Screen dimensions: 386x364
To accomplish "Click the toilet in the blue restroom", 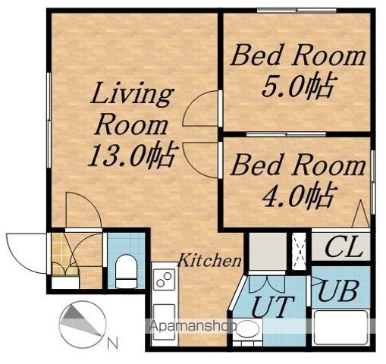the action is (126, 271).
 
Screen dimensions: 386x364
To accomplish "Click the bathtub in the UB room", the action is (340, 327).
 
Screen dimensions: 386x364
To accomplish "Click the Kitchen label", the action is (210, 260).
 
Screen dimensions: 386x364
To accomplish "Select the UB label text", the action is (337, 290).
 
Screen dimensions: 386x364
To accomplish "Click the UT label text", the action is (273, 306).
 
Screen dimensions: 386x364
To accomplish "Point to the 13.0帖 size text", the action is (132, 155).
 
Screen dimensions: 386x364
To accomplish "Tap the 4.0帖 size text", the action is (297, 194).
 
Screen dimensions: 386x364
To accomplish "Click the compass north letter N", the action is (112, 344).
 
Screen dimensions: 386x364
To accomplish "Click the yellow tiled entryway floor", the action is (61, 253).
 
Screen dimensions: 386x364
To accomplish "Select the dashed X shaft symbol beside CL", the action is (299, 250).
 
